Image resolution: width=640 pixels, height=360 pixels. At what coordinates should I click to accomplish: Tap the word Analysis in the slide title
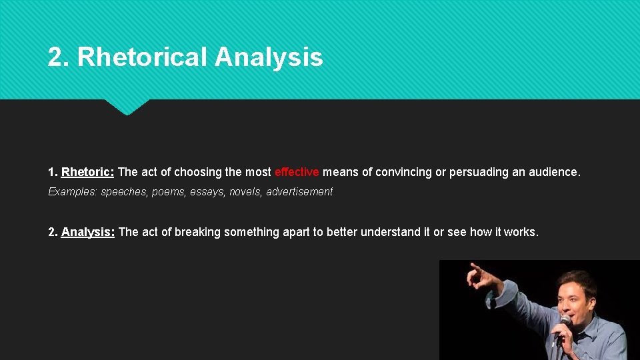269,57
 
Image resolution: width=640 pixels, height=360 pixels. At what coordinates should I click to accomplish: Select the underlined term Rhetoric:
87,172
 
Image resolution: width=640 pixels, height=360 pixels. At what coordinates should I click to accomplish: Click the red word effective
297,172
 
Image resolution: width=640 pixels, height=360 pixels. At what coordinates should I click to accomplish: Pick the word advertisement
299,192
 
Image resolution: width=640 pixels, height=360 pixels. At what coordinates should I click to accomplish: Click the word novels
245,192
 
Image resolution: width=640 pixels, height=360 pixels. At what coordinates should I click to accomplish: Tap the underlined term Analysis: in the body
88,232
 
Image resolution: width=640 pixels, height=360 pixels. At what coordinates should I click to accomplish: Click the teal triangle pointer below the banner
127,107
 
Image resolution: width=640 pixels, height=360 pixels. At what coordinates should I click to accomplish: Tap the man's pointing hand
479,275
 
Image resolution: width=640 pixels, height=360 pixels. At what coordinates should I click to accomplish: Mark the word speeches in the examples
124,192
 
